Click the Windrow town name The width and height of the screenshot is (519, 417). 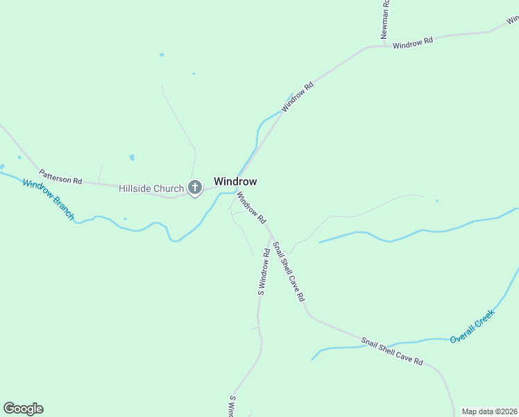pos(235,181)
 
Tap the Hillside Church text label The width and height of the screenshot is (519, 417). pos(151,188)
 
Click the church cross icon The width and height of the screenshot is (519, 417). pos(195,188)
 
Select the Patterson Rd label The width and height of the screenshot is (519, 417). pos(60,177)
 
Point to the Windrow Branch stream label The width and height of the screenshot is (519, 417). pos(48,199)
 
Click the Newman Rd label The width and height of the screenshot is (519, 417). pos(386,19)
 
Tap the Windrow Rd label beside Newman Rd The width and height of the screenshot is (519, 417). pos(413,42)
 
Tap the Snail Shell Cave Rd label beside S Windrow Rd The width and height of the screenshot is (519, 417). pos(289,271)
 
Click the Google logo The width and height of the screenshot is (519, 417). pos(23,409)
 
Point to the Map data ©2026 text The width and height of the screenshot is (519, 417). pos(489,411)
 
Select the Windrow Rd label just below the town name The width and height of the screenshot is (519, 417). pos(251,207)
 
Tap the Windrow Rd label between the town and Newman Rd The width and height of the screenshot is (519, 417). pos(298,97)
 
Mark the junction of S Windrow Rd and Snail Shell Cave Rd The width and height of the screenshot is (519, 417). pos(271,236)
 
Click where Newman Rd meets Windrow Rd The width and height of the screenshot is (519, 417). pos(384,46)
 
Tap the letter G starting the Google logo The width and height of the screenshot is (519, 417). pos(9,409)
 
